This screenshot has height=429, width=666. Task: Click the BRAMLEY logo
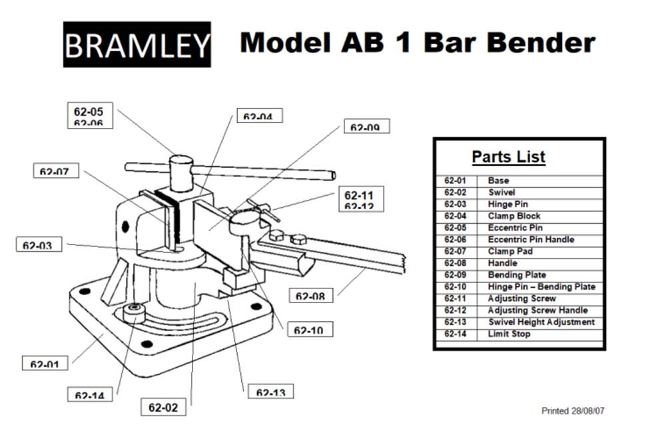coord(137,45)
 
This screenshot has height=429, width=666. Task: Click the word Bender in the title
coord(540,43)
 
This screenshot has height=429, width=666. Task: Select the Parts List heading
coord(508,157)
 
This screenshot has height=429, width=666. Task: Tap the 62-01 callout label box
coord(45,364)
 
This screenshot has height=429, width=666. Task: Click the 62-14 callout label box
coord(89,394)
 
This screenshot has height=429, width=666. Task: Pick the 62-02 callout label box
coord(163,406)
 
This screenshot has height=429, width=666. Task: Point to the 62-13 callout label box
coord(270,392)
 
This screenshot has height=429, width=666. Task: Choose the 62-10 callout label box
coord(309,329)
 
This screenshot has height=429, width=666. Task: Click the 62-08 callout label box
coord(311,294)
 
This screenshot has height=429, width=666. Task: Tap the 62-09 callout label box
coord(366,127)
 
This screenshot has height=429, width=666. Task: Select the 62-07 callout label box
coord(55,171)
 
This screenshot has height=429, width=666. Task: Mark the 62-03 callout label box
coord(38,244)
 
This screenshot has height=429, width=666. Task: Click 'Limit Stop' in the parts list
coord(509,334)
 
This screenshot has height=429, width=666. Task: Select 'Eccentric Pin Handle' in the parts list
coord(531,239)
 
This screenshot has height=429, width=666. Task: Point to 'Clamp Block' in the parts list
coord(514,216)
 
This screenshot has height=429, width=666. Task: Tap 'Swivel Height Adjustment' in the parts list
coord(541,322)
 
